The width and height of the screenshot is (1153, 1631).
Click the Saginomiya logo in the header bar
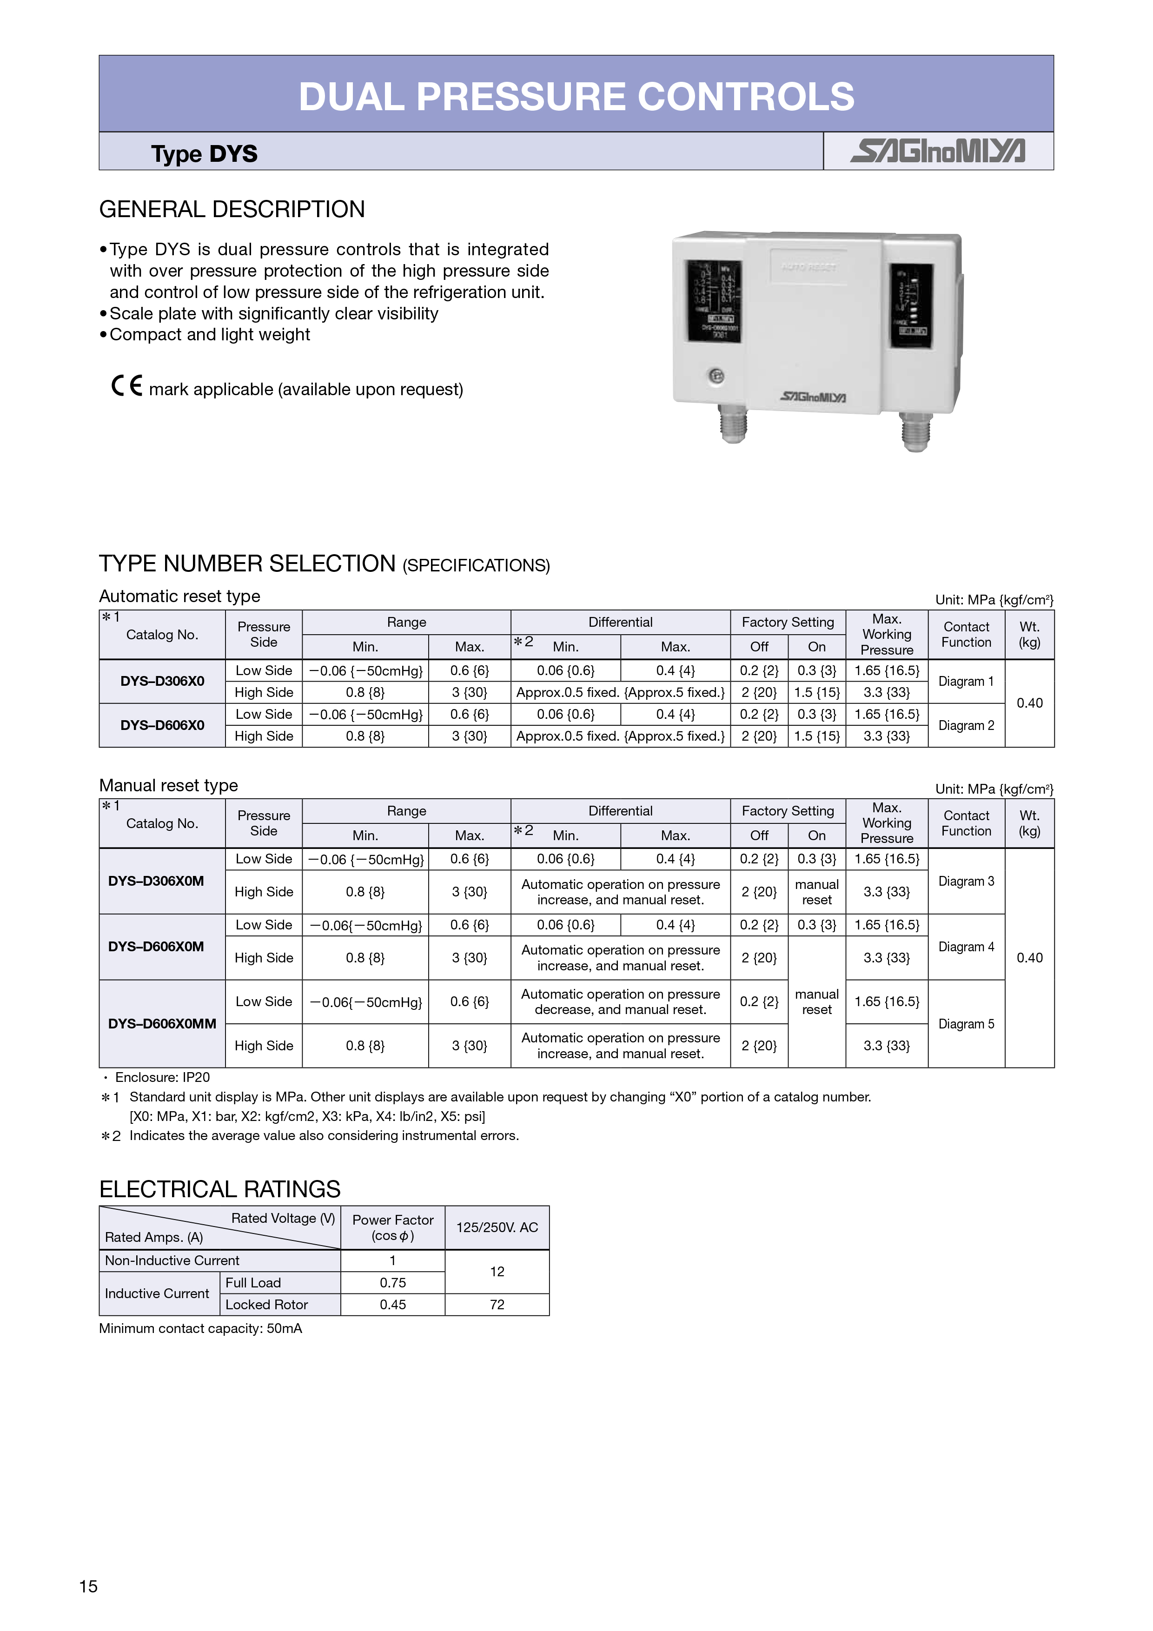[x=938, y=151]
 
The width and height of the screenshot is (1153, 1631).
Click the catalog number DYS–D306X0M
[x=156, y=881]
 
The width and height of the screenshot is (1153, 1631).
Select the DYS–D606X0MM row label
[x=162, y=1024]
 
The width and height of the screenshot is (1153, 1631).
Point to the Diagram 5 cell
[x=966, y=1024]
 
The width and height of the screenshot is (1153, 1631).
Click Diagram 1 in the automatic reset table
[x=966, y=681]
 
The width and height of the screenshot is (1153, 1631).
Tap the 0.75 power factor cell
[x=393, y=1282]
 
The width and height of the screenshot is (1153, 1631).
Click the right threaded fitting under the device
[x=916, y=431]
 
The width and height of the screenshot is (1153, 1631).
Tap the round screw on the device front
[x=716, y=376]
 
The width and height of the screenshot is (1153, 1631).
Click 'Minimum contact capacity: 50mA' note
[x=200, y=1328]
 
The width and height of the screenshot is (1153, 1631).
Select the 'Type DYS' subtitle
[x=204, y=153]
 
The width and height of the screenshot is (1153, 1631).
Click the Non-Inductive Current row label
[x=172, y=1260]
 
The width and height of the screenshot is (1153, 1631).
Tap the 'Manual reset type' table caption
[x=168, y=785]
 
